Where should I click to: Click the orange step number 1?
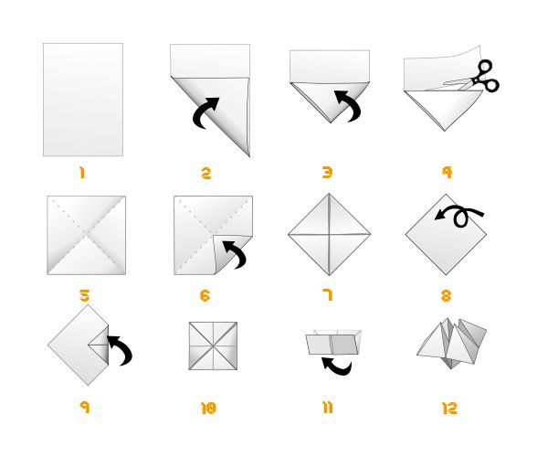pyautogui.click(x=81, y=173)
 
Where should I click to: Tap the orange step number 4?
pyautogui.click(x=447, y=172)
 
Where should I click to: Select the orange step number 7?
pyautogui.click(x=328, y=294)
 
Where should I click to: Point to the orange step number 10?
pyautogui.click(x=208, y=409)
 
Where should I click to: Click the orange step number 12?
pyautogui.click(x=449, y=409)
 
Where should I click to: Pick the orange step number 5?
pyautogui.click(x=84, y=295)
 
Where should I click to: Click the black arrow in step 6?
pyautogui.click(x=235, y=253)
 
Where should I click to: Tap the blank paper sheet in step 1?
pyautogui.click(x=82, y=99)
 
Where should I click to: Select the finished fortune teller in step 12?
pyautogui.click(x=452, y=344)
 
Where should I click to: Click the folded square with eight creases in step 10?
pyautogui.click(x=213, y=345)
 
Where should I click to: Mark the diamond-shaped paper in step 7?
pyautogui.click(x=329, y=235)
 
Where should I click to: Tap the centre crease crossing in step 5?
pyautogui.click(x=86, y=235)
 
